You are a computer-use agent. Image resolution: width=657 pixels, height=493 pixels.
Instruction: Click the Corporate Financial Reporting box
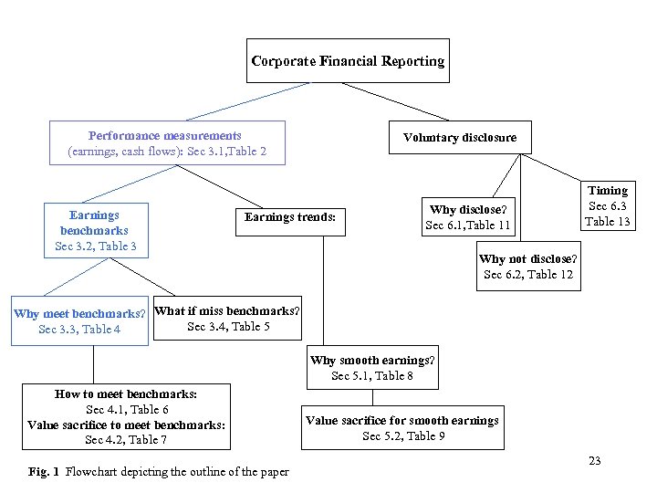(348, 61)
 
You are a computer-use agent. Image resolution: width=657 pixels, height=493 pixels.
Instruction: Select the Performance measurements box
(166, 143)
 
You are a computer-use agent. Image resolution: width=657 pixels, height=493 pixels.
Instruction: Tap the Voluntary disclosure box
(459, 138)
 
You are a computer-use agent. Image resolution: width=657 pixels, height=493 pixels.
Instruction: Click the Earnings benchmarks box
(95, 230)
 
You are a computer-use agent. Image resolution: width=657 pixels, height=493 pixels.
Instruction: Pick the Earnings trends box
(289, 217)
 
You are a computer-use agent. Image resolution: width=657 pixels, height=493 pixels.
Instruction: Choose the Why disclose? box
(467, 217)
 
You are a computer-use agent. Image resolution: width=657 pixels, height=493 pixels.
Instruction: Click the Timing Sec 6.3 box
(607, 206)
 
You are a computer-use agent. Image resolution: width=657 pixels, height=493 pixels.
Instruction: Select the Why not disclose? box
(527, 267)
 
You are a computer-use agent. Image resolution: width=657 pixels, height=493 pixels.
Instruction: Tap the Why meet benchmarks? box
(79, 321)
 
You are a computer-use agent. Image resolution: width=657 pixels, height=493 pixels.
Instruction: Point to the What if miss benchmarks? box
(226, 319)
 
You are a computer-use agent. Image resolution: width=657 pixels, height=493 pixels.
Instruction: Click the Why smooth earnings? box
(372, 368)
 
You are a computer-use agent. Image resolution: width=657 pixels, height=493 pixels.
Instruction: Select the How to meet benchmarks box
(126, 417)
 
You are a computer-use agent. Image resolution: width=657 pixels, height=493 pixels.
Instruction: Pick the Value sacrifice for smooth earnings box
(402, 427)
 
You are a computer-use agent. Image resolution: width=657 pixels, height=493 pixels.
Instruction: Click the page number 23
(594, 461)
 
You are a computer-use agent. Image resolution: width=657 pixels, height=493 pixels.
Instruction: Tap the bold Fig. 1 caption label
(44, 472)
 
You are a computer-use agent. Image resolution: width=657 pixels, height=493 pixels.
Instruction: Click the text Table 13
(607, 222)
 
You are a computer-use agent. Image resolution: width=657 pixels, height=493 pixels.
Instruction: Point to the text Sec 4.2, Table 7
(126, 440)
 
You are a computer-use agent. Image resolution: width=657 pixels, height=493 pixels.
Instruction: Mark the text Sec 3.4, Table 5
(227, 327)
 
